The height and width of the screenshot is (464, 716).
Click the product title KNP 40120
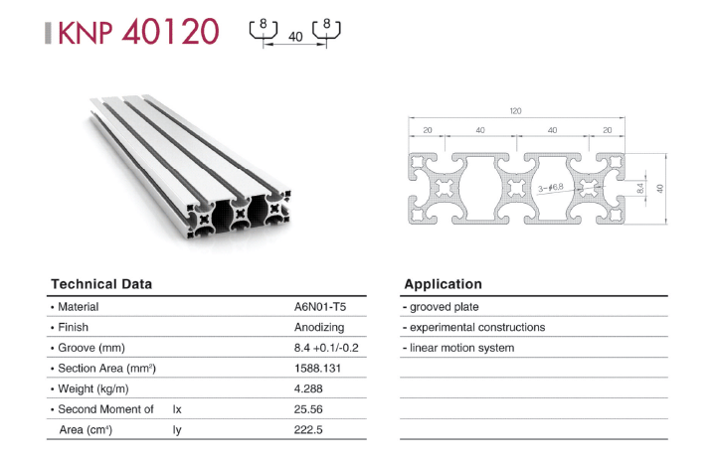click(139, 32)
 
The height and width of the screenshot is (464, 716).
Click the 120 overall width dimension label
click(515, 111)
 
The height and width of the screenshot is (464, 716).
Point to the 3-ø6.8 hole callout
click(551, 188)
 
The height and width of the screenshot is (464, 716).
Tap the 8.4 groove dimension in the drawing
click(640, 188)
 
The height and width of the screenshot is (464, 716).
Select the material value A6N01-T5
click(320, 307)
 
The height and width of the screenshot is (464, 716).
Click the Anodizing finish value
click(319, 327)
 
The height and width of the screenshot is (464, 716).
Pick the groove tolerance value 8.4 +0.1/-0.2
click(326, 348)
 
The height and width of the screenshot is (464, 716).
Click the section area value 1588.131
click(317, 369)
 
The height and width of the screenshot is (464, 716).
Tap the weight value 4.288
click(308, 388)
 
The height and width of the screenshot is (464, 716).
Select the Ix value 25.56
click(308, 409)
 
